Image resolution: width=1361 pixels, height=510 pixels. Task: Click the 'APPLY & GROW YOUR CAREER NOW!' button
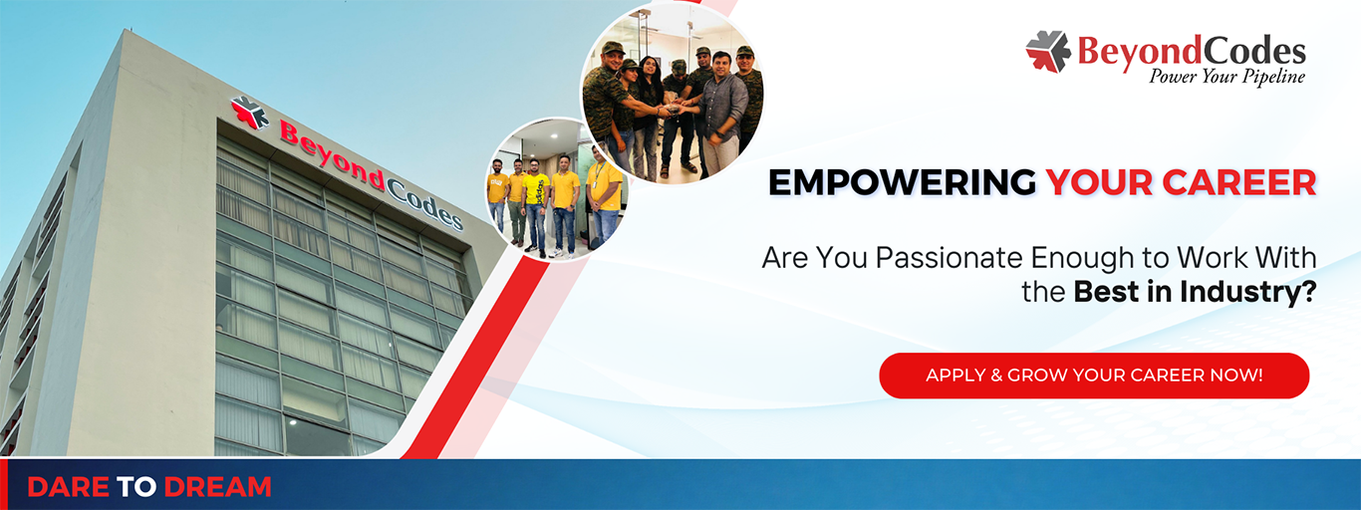point(1094,376)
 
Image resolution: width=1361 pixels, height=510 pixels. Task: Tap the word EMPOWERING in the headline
point(903,182)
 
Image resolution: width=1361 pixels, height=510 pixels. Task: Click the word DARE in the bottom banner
point(68,487)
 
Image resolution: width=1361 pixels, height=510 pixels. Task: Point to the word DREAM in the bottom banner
point(217,487)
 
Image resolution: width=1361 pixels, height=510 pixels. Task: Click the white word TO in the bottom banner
point(136,487)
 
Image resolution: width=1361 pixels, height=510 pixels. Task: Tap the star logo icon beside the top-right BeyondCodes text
point(1048,52)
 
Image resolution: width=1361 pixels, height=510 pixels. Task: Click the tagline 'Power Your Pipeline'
point(1226,77)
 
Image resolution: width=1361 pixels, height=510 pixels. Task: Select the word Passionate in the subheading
point(950,257)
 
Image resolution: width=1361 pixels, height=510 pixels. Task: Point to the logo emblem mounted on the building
point(250,113)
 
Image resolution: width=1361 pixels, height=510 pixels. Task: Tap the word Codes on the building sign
point(424,204)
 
